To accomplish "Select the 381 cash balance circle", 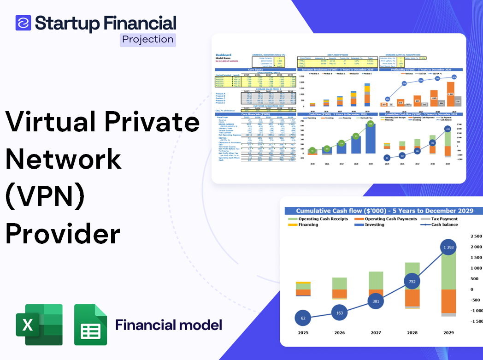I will tap(375, 301).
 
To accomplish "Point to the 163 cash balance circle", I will tap(339, 313).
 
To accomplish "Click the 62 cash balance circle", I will tap(303, 318).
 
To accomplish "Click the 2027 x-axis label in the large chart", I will tap(375, 332).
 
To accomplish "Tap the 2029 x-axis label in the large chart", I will tap(448, 332).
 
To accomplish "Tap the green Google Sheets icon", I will tap(91, 325).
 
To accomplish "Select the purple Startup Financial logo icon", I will tap(23, 23).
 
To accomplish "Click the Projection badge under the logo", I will tap(147, 39).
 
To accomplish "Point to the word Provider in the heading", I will tap(63, 234).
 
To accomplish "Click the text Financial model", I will tap(168, 325).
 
